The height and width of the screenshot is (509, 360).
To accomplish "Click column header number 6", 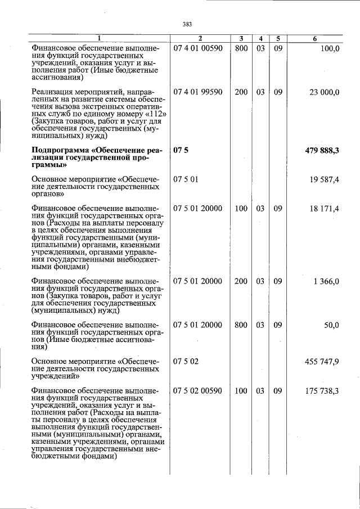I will [x=314, y=38].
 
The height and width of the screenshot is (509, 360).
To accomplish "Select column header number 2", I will [x=200, y=38].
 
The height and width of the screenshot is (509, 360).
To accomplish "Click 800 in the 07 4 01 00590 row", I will [x=241, y=49].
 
